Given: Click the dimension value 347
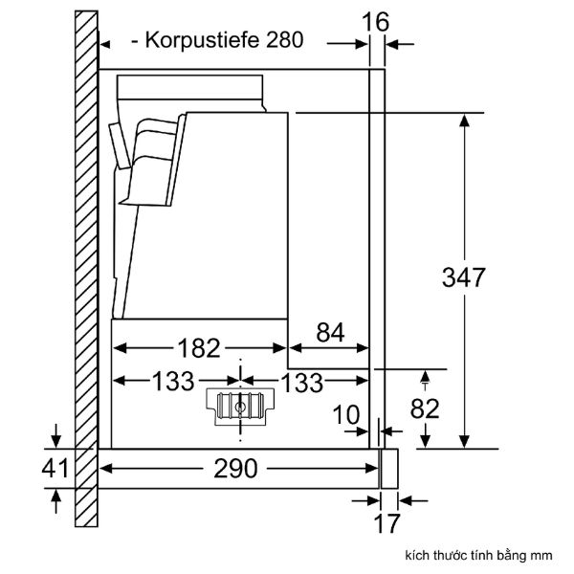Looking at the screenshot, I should (464, 277).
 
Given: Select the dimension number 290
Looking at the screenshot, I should (236, 468).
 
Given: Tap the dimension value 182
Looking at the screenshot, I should (199, 347).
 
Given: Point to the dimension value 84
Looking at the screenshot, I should (329, 333).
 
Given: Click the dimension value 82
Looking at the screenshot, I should (425, 408).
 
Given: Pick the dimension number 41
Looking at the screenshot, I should (57, 468).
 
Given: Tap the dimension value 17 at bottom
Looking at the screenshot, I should (386, 524).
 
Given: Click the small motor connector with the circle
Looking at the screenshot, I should (237, 406).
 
